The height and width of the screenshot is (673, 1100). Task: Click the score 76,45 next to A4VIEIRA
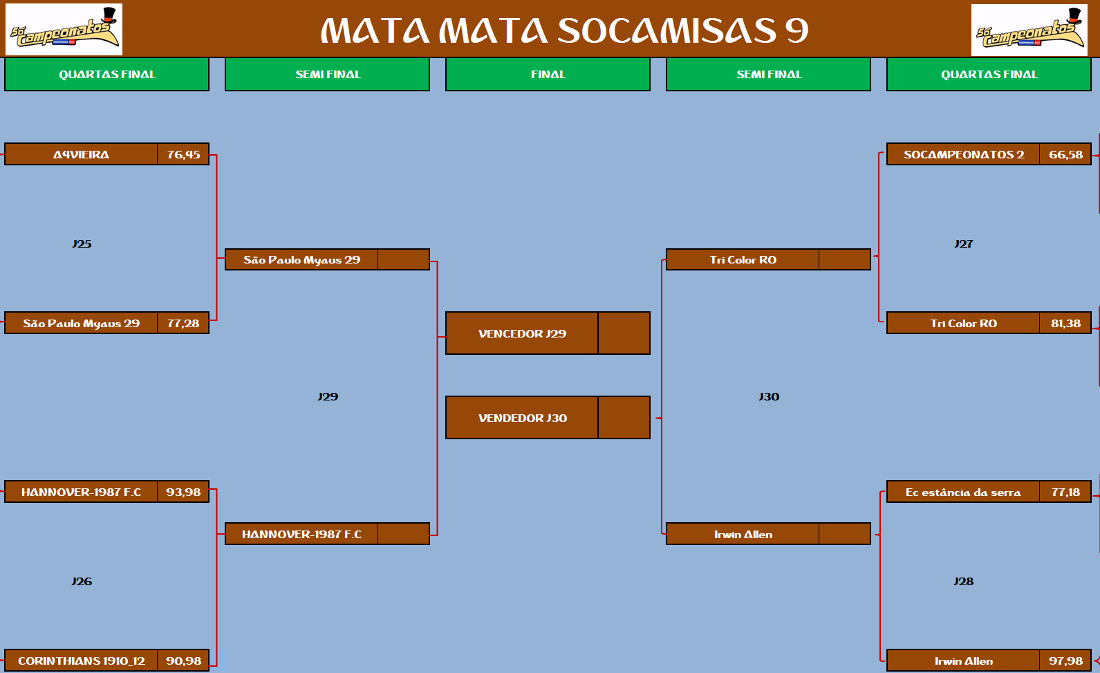tap(183, 154)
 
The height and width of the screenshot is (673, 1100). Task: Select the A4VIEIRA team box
tap(81, 154)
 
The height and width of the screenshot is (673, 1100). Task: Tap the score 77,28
tap(183, 323)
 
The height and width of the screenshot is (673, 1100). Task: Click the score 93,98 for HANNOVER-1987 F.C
tap(183, 492)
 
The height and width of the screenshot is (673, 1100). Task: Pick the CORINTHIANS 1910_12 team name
tap(82, 661)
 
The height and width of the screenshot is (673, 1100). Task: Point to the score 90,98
tap(183, 661)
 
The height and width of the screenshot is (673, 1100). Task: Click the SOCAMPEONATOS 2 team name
tap(964, 154)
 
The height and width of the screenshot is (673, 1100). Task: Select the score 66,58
tap(1065, 154)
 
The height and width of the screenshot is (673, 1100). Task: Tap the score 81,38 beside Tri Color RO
tap(1065, 323)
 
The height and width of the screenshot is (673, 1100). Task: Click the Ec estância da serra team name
tap(963, 492)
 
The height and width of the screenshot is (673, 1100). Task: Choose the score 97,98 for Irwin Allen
tap(1065, 661)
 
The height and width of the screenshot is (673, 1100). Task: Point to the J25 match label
tap(82, 243)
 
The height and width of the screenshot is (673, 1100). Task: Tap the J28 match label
tap(964, 581)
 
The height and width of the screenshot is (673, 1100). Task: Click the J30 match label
tap(769, 396)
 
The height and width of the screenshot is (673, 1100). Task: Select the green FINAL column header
tap(548, 74)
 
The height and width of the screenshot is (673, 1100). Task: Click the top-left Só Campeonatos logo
tap(64, 30)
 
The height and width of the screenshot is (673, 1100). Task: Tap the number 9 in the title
tap(796, 30)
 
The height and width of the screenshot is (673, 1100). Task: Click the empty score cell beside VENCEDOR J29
tap(624, 333)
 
